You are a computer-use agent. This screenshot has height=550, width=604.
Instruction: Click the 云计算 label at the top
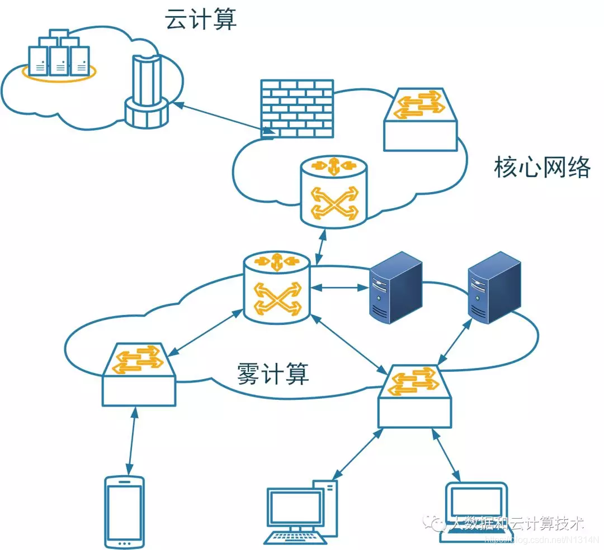pos(201,20)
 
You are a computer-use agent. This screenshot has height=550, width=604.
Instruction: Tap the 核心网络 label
pos(542,167)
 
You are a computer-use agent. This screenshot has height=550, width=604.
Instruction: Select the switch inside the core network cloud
pos(420,118)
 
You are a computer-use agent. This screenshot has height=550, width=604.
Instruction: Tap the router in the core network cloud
pos(334,192)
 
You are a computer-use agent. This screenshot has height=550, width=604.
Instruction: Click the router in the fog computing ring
pos(277,288)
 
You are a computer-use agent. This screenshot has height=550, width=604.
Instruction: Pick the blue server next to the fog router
pos(395,287)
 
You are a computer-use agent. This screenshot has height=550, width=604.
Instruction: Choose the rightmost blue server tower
pos(494,287)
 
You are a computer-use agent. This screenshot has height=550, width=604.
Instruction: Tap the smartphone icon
pos(124,511)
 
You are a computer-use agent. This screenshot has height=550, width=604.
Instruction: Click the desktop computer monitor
pos(296,509)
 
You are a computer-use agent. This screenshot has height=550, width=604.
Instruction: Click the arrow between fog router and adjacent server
pos(339,288)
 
